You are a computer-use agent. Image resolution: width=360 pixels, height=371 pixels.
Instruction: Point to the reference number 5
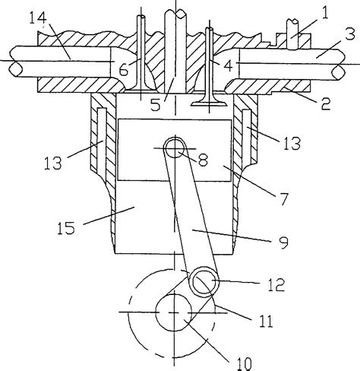pyautogui.click(x=155, y=106)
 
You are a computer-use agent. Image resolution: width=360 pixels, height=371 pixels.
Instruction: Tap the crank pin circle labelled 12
pyautogui.click(x=204, y=284)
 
